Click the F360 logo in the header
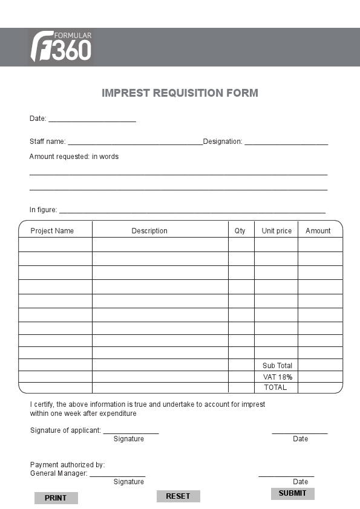pos(61,47)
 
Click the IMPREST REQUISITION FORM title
pos(180,93)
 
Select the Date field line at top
pos(92,120)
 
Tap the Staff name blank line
pos(135,143)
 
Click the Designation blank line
pos(286,143)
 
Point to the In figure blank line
pos(192,211)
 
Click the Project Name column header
pos(52,231)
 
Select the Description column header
pos(149,231)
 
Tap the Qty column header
pos(240,231)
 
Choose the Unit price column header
pos(277,231)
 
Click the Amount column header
pos(318,231)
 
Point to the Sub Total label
pos(277,366)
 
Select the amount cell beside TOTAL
pos(320,387)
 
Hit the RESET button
pos(178,496)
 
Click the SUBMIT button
pos(292,493)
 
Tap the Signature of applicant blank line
pos(131,432)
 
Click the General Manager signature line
pos(117,475)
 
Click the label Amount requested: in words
pos(74,157)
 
